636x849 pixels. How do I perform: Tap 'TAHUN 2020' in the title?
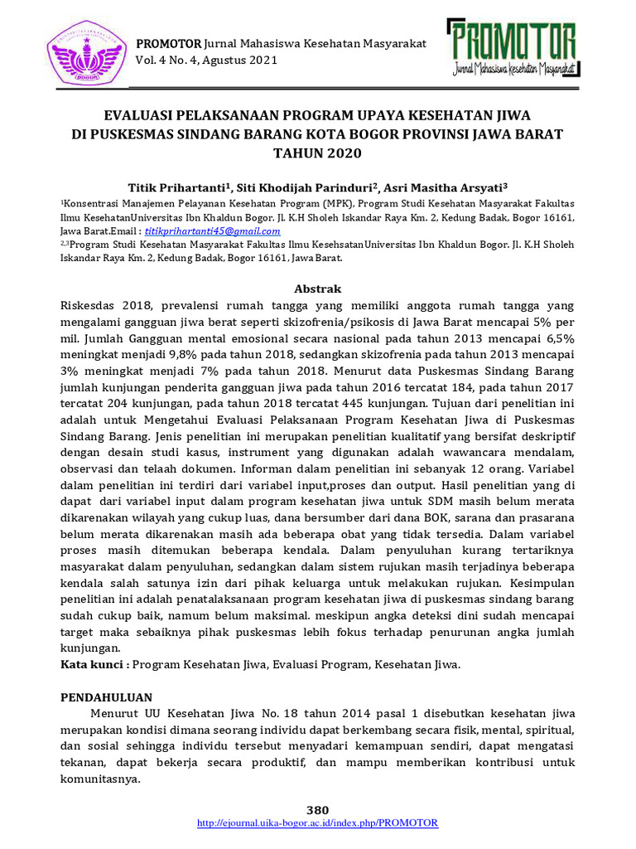click(x=317, y=153)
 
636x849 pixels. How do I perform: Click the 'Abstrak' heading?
click(x=318, y=289)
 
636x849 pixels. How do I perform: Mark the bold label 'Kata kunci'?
click(x=93, y=665)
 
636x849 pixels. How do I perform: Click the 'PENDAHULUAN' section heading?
click(x=106, y=698)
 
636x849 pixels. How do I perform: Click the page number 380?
click(x=318, y=810)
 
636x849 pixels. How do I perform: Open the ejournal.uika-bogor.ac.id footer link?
click(x=318, y=822)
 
